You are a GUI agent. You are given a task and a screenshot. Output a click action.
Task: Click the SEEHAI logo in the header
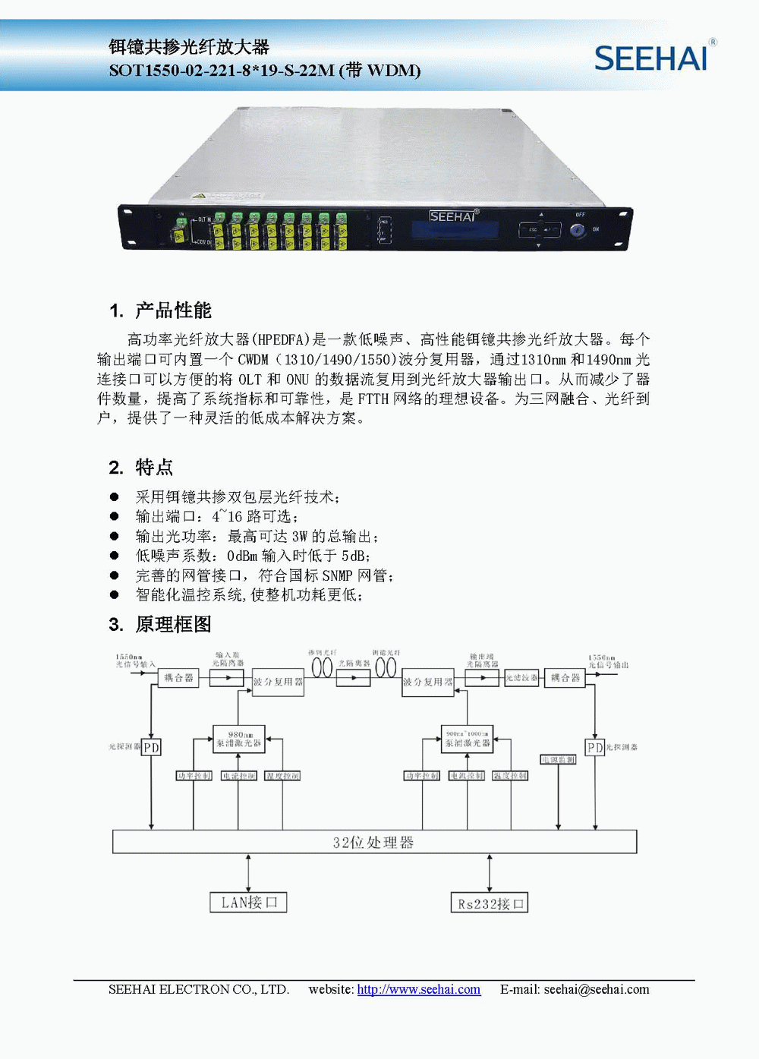(651, 58)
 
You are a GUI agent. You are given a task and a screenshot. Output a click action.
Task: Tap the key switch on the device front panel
(578, 229)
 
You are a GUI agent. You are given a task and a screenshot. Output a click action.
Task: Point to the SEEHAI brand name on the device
(453, 216)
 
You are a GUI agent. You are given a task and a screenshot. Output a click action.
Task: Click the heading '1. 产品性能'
(160, 310)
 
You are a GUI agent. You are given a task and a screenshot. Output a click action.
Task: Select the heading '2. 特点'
(141, 467)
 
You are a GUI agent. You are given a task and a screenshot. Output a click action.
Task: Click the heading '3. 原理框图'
(160, 624)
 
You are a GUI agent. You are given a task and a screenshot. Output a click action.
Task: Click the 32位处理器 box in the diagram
(374, 842)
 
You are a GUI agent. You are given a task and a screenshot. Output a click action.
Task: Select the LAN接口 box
(248, 902)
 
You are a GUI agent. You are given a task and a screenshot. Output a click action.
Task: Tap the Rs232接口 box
(490, 903)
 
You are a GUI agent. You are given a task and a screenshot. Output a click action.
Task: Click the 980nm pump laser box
(239, 739)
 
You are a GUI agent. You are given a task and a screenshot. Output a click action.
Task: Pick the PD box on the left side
(152, 748)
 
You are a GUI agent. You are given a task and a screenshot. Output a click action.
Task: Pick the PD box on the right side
(595, 748)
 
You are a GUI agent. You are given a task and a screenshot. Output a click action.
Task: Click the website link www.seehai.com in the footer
(418, 989)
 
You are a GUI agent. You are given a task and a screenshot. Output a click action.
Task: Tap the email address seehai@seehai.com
(597, 989)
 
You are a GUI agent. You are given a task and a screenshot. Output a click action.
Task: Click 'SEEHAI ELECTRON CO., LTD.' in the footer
(199, 989)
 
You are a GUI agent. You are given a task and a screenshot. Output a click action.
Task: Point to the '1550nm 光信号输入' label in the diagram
(134, 660)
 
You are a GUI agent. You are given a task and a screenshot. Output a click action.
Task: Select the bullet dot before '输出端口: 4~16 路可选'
(115, 516)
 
